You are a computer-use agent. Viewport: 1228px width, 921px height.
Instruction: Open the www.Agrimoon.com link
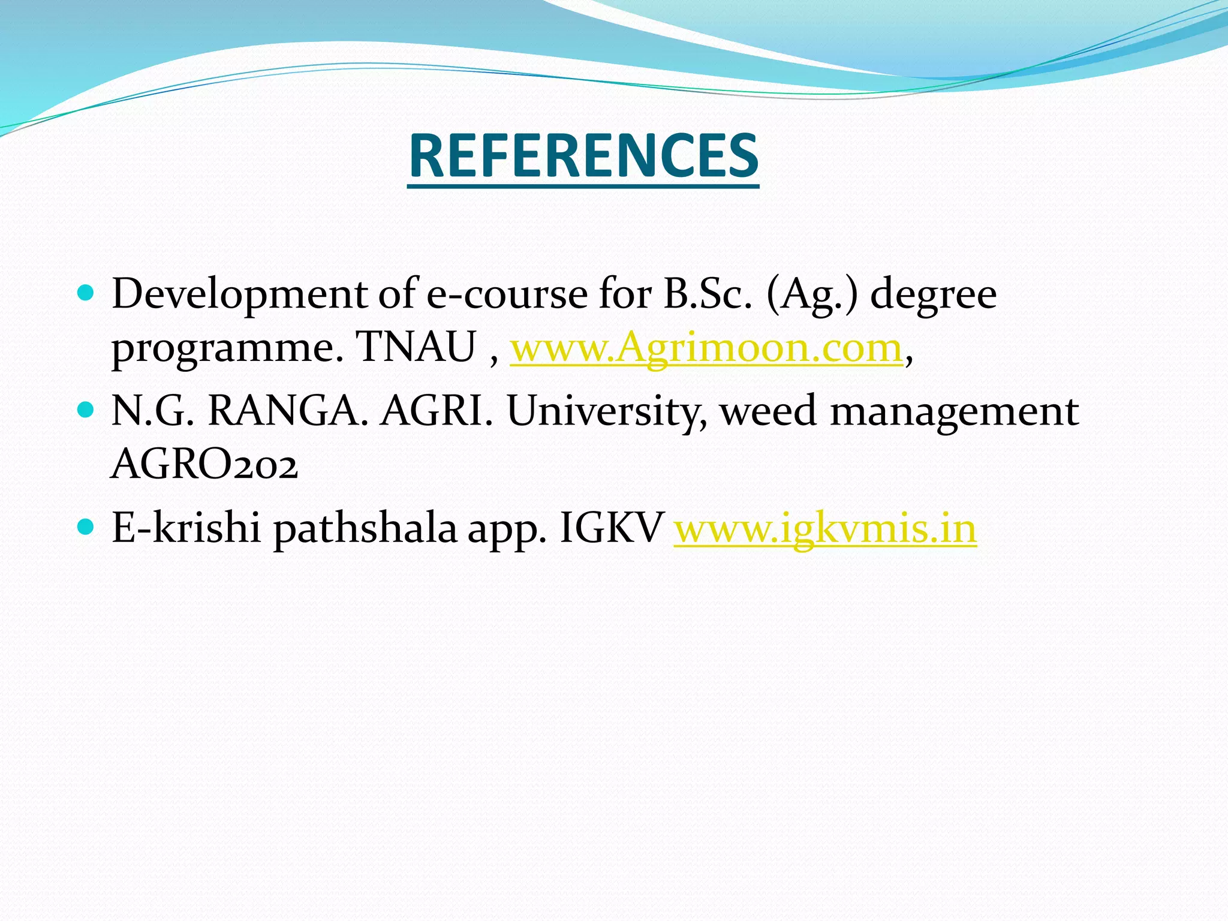click(706, 348)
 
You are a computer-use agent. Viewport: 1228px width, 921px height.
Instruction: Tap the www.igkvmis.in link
click(825, 528)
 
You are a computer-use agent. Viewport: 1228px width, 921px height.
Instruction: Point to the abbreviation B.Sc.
click(707, 295)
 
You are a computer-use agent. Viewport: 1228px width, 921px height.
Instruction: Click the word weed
click(767, 411)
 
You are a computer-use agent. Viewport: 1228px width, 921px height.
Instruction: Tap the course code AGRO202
click(204, 465)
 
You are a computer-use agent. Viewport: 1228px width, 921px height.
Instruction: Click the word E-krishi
click(186, 528)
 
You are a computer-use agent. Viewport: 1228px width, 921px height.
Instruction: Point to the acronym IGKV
click(610, 528)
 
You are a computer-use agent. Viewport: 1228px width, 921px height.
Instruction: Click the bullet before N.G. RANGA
click(86, 411)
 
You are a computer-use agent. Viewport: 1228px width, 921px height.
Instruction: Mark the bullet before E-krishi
click(86, 527)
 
